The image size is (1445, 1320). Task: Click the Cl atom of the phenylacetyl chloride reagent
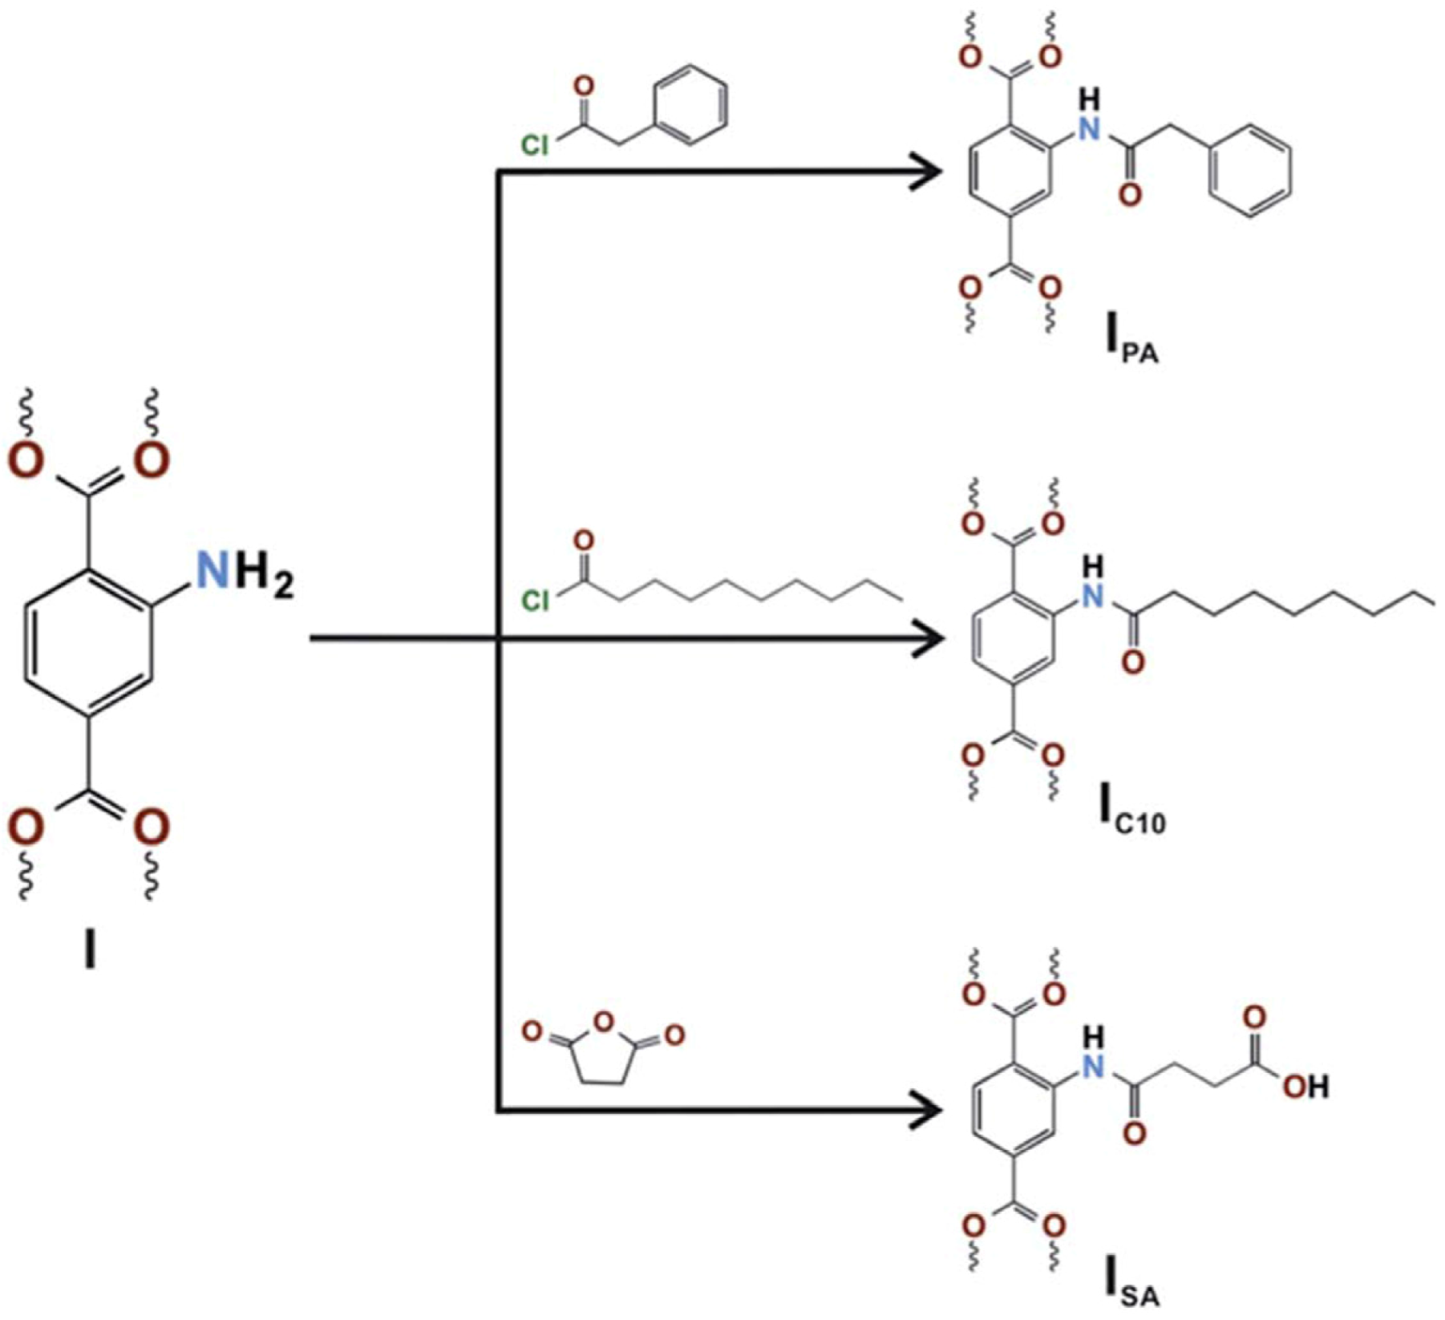point(535,146)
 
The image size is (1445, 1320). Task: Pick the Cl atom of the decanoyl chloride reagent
point(535,601)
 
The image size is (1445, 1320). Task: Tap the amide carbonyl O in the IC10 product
point(1132,664)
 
